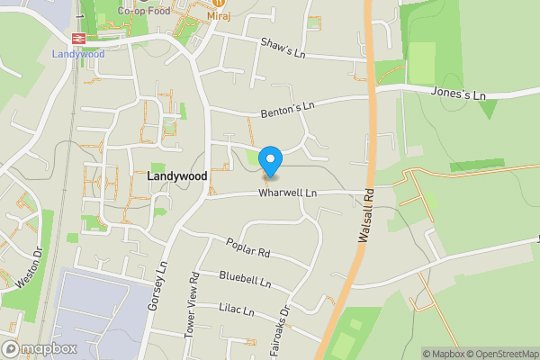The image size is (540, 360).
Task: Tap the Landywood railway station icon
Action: [x=79, y=39]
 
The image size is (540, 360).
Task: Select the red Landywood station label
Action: [x=78, y=54]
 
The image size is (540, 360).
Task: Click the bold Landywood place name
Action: [x=176, y=177]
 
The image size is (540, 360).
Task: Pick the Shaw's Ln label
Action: [x=282, y=47]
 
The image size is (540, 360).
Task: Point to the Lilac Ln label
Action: [x=236, y=310]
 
